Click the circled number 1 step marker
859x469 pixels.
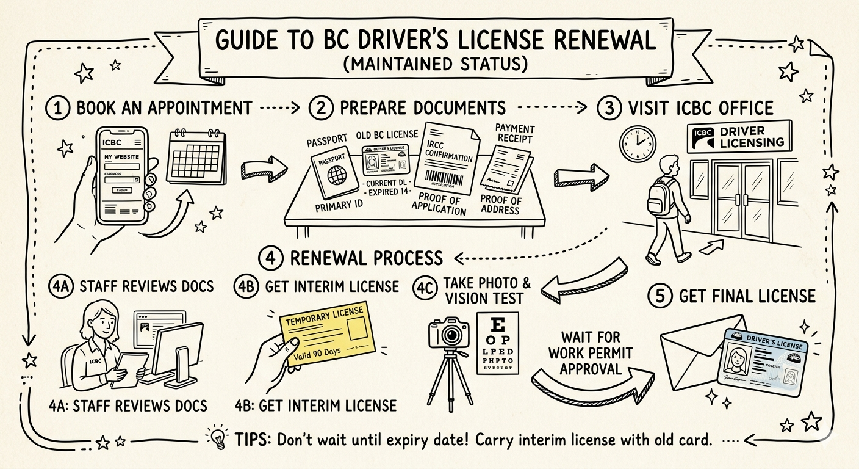tap(57, 108)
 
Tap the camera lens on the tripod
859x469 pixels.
tap(452, 335)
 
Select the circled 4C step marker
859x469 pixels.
tap(425, 287)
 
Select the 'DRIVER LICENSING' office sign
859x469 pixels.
tap(738, 137)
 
